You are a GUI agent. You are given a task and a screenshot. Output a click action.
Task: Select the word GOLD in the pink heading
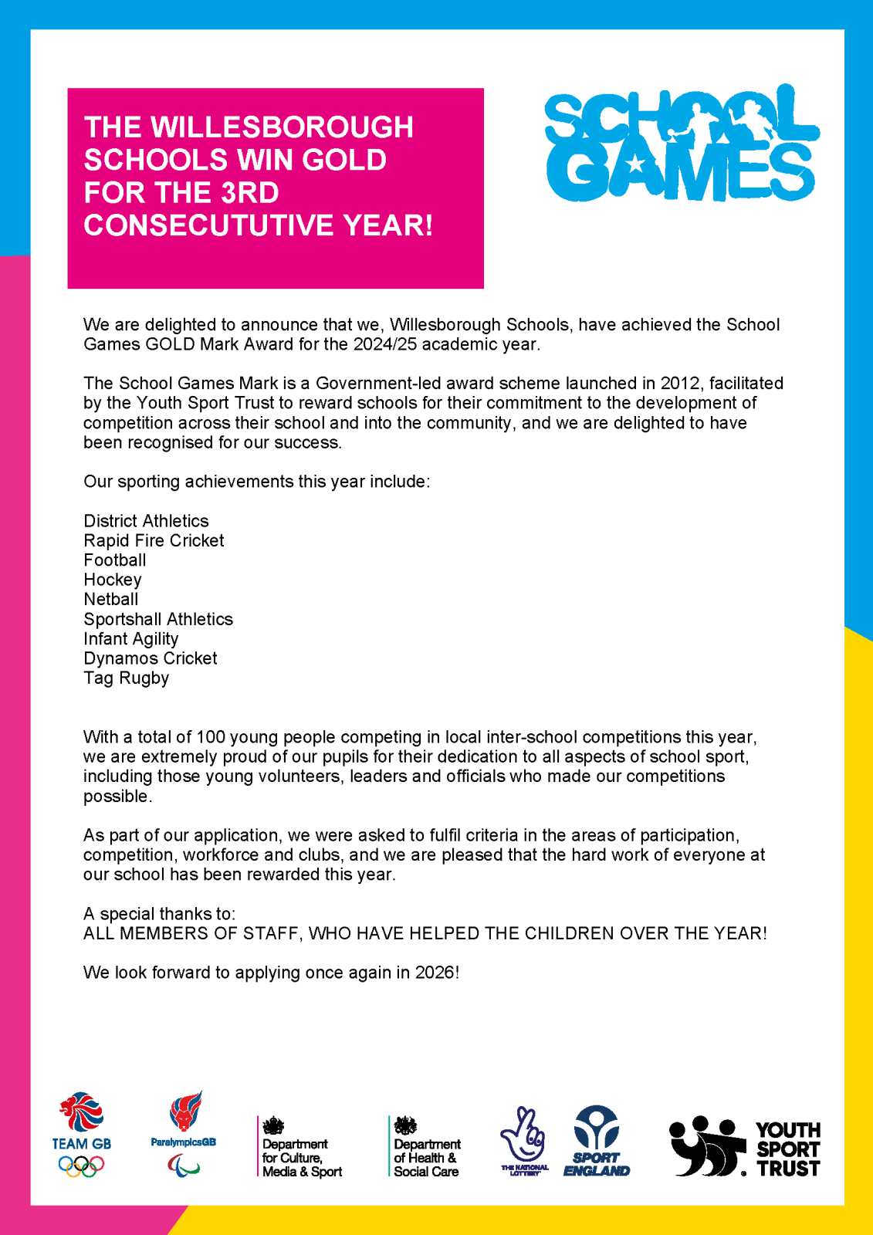(x=344, y=160)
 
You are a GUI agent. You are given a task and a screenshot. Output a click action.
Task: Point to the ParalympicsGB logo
(x=184, y=1133)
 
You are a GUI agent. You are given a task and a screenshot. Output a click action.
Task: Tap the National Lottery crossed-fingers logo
(x=524, y=1141)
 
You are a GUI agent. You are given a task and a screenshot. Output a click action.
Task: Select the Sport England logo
(x=597, y=1141)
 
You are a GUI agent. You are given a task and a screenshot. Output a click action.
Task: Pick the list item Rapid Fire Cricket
(x=154, y=540)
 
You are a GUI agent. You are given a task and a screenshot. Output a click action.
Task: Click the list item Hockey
(x=113, y=580)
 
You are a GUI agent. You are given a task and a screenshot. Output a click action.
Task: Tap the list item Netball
(x=111, y=599)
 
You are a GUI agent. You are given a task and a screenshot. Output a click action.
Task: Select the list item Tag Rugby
(x=127, y=678)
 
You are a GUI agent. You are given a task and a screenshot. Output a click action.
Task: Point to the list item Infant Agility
(x=131, y=638)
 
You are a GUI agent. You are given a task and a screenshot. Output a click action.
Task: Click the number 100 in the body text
(x=211, y=736)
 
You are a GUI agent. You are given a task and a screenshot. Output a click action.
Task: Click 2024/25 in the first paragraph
(x=385, y=343)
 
